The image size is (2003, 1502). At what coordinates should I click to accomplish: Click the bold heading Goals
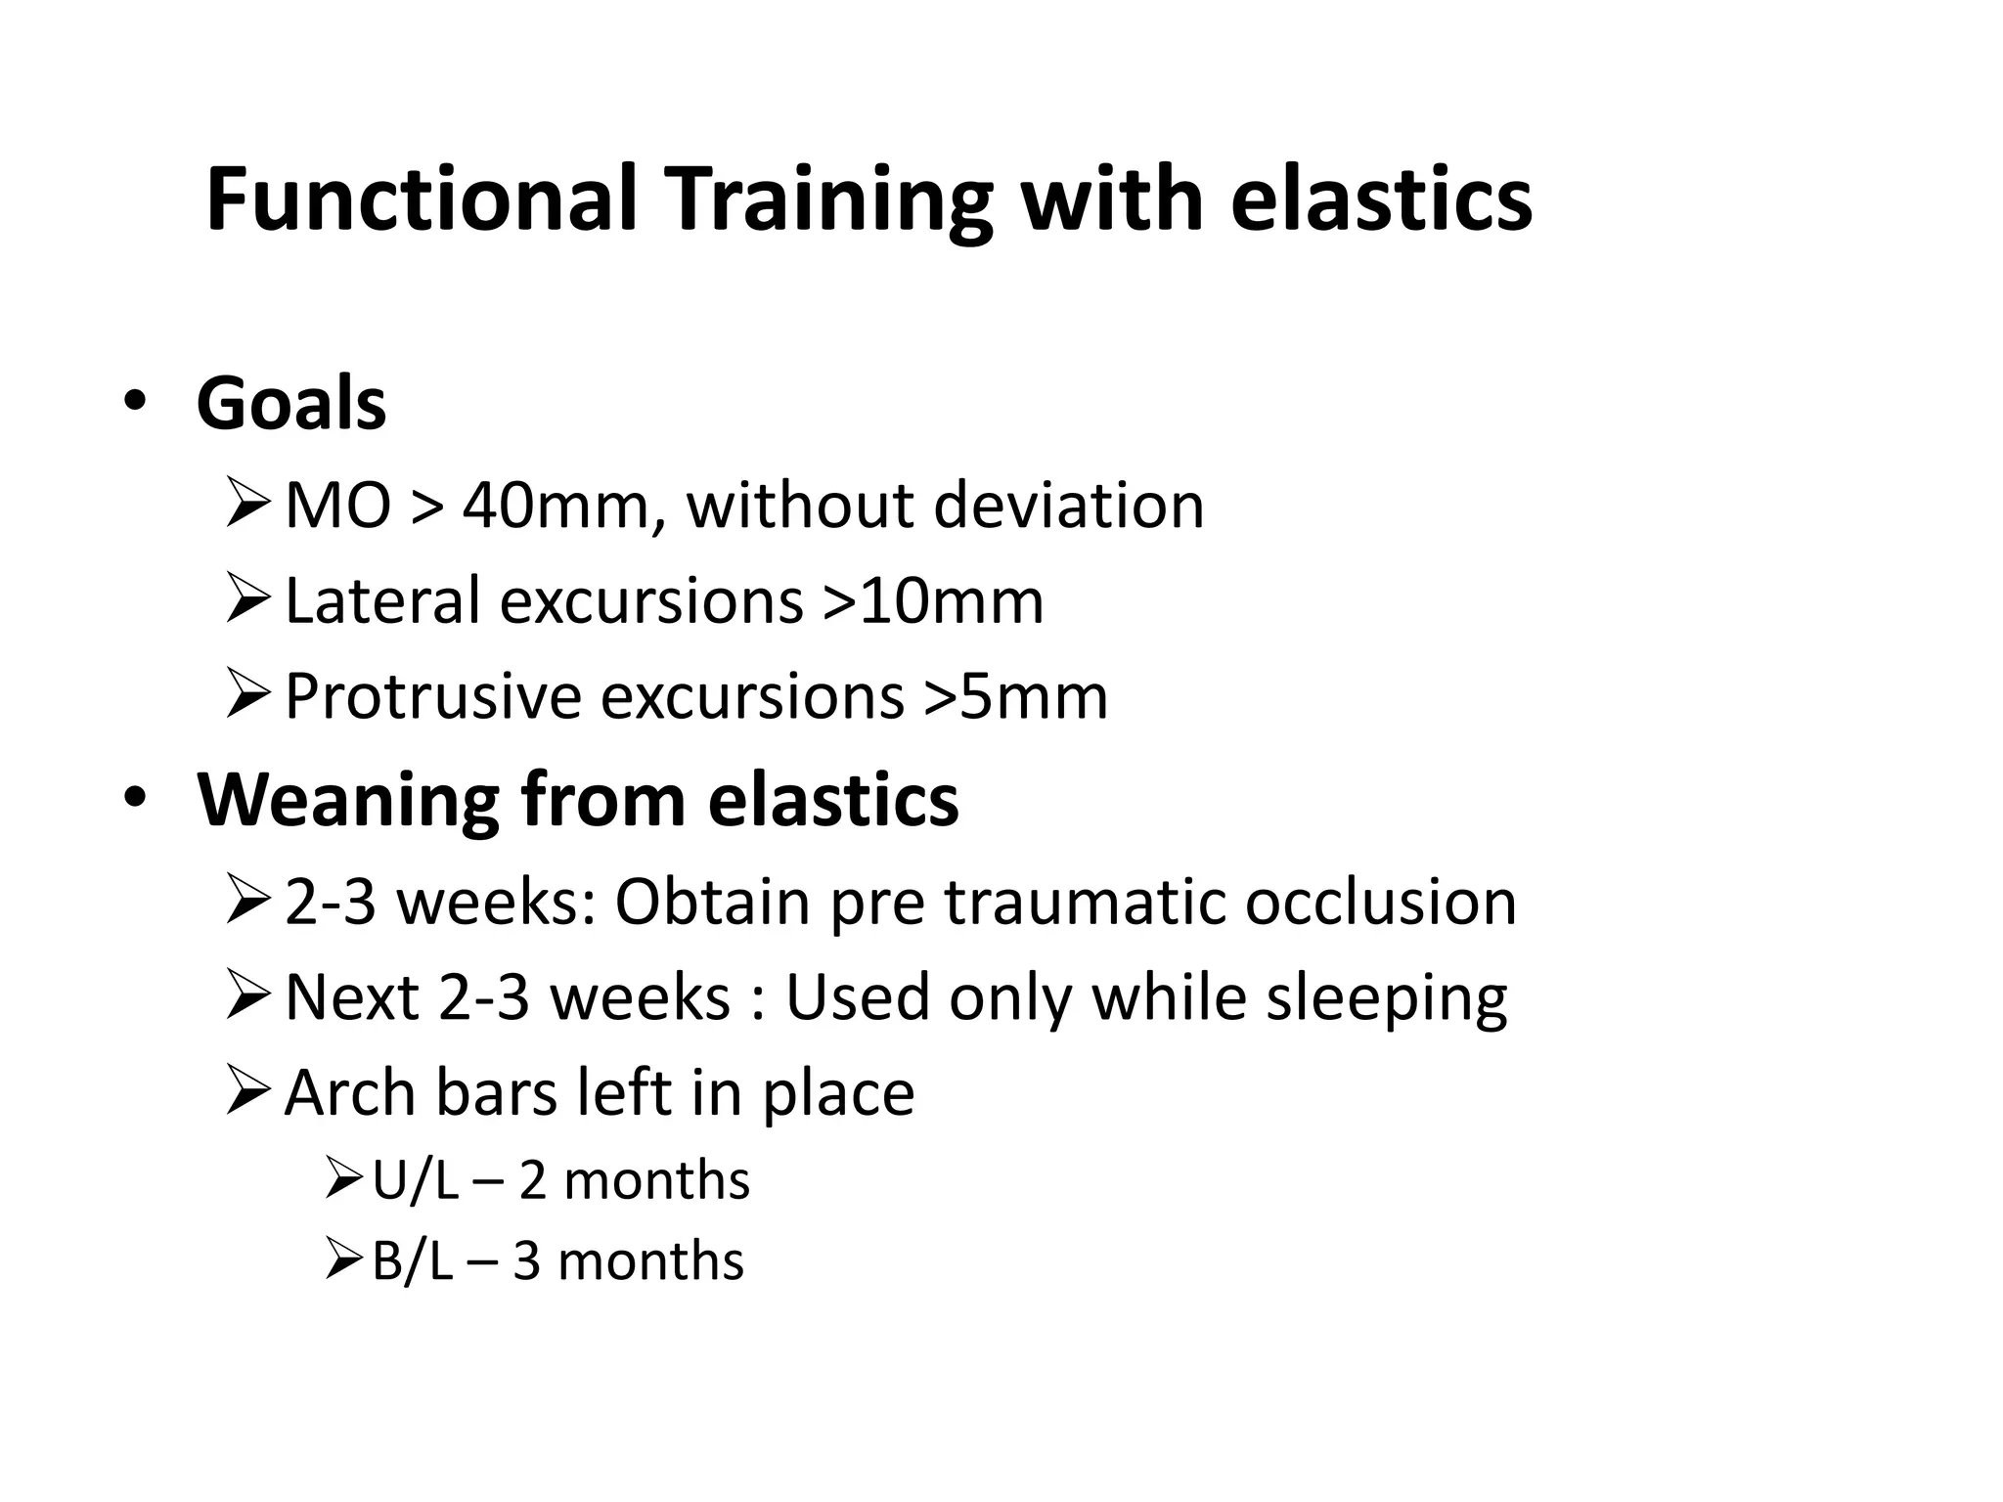pyautogui.click(x=290, y=403)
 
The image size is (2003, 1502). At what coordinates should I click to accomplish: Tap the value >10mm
pyautogui.click(x=933, y=601)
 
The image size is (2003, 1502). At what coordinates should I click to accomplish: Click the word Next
pyautogui.click(x=351, y=997)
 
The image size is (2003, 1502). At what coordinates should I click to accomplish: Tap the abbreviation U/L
pyautogui.click(x=415, y=1181)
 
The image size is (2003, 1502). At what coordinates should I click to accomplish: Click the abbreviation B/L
pyautogui.click(x=412, y=1262)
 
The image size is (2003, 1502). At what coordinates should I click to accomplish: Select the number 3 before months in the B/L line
pyautogui.click(x=526, y=1262)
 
